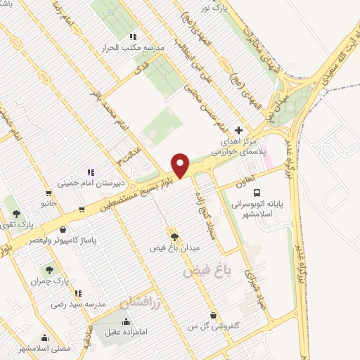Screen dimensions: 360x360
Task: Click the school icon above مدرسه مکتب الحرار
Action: pos(133,37)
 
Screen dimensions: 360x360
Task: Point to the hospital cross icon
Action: pos(238,130)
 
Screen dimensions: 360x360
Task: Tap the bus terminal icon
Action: pos(258,192)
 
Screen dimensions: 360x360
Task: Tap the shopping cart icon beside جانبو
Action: pos(48,193)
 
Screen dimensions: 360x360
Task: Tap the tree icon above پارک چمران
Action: pos(49,269)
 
